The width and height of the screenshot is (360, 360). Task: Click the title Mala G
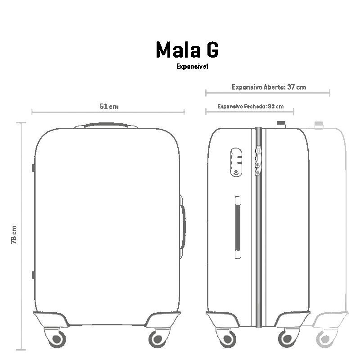[x=187, y=49]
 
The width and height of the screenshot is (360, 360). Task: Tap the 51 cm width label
[x=108, y=107]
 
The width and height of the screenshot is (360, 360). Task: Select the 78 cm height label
[x=14, y=234]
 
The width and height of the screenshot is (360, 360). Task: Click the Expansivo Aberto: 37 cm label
[x=269, y=87]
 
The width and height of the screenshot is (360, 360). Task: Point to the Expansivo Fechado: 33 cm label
[x=250, y=107]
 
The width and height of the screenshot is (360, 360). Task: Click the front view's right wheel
[x=157, y=337]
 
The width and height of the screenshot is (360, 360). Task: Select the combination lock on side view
[x=236, y=162]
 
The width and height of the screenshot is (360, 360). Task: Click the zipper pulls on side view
[x=258, y=160]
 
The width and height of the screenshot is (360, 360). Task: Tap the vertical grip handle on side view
[x=238, y=227]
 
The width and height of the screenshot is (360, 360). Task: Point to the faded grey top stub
[x=319, y=125]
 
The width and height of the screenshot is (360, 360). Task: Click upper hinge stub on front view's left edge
[x=33, y=168]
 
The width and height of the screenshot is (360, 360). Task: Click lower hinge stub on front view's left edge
[x=33, y=275]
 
